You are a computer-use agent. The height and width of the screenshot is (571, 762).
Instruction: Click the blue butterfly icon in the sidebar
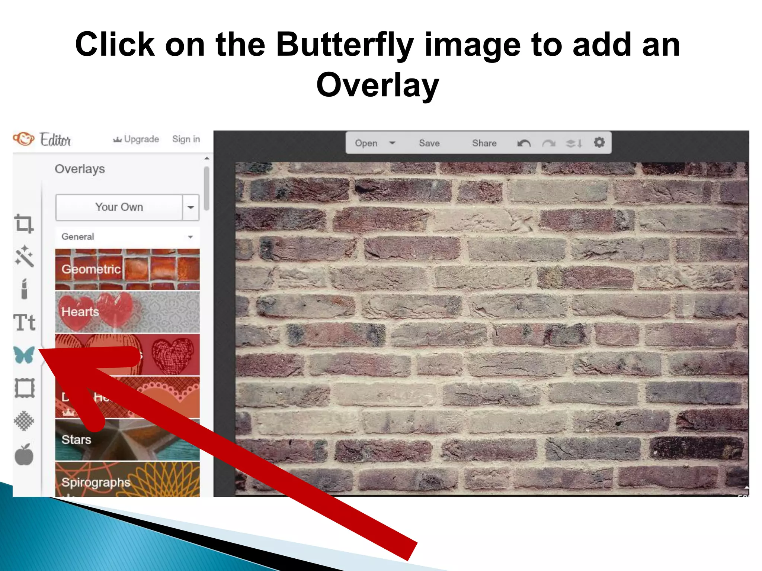click(x=24, y=355)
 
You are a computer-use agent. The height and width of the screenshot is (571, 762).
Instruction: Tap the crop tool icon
click(x=24, y=224)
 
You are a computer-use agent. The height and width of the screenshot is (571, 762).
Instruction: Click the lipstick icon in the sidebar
click(x=24, y=289)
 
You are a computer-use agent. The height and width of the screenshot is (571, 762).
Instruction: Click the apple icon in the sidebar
click(x=24, y=455)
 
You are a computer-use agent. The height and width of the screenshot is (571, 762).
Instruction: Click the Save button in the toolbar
click(x=429, y=143)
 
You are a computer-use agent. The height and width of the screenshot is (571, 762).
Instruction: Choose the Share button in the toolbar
click(x=484, y=143)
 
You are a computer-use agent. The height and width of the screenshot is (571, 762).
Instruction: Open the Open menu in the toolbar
click(x=374, y=143)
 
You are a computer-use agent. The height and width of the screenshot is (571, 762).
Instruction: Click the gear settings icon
click(x=599, y=142)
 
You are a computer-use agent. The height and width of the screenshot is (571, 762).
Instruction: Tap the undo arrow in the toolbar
click(x=524, y=143)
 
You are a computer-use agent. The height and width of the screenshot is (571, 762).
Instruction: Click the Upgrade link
click(x=136, y=139)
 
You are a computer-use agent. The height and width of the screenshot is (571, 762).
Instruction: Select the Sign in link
click(x=186, y=139)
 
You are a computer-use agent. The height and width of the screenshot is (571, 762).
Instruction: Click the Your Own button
click(x=119, y=207)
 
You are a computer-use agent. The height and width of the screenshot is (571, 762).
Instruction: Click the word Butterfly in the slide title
click(x=345, y=45)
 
